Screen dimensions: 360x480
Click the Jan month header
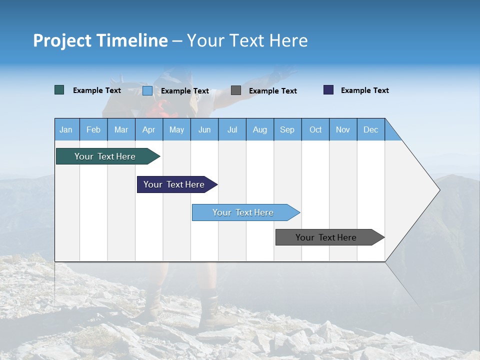[66, 129]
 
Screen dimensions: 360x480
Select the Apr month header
[148, 129]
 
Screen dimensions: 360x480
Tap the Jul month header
[232, 129]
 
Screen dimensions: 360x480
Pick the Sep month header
[287, 129]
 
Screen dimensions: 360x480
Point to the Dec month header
[370, 129]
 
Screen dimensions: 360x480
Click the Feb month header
[93, 129]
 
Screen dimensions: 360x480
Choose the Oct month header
[315, 129]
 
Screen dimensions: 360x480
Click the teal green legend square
[59, 90]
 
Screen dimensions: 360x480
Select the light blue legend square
[147, 90]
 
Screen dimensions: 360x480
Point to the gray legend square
[236, 90]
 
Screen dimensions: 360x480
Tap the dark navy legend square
[328, 90]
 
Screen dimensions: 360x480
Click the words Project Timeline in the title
[100, 40]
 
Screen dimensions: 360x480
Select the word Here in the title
[288, 40]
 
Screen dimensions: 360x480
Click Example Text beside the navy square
[364, 90]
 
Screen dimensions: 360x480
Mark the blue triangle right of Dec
[391, 133]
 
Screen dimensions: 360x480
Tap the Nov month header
[343, 129]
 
